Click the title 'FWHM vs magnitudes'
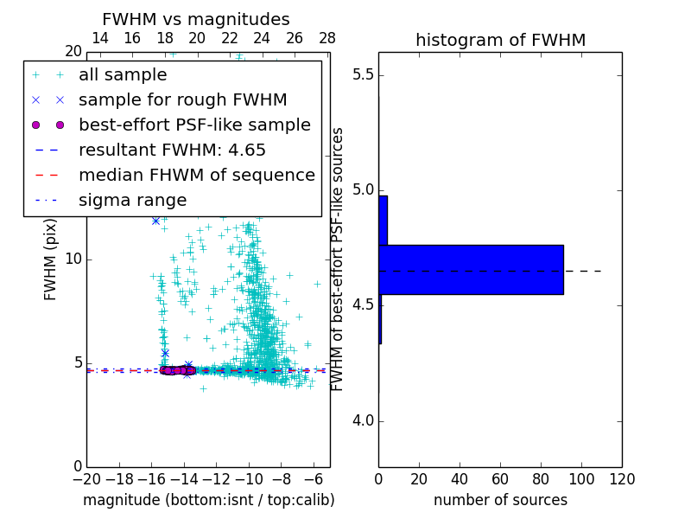[196, 19]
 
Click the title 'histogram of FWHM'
[500, 40]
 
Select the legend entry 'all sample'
[123, 75]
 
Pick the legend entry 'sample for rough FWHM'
[182, 99]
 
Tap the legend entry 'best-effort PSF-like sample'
[194, 125]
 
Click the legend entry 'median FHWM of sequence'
[196, 175]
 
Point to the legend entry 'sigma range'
[132, 201]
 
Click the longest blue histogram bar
[471, 270]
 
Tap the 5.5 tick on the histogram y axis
[363, 74]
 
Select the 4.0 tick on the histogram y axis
[363, 421]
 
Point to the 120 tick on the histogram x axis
[622, 478]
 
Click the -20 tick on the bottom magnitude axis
[86, 478]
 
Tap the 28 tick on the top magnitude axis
[327, 38]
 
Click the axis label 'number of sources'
[500, 500]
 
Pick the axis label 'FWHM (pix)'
[51, 259]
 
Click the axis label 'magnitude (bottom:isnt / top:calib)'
[208, 500]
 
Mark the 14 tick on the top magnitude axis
[100, 38]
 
